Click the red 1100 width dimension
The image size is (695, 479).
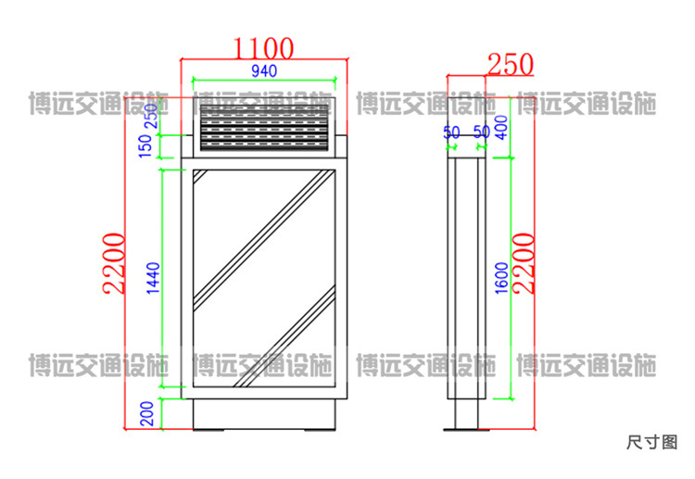coord(263,48)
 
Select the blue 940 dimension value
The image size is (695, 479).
coord(264,71)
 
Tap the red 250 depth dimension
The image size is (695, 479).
coord(511,64)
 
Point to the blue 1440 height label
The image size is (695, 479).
coord(153,278)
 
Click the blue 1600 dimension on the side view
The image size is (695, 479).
coord(501,278)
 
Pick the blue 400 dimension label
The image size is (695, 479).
coord(501,128)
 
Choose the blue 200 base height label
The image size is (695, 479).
coord(146,413)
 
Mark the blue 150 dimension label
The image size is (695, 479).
coord(145,145)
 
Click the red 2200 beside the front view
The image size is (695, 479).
coord(113,264)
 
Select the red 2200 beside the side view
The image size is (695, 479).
coord(524,264)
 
